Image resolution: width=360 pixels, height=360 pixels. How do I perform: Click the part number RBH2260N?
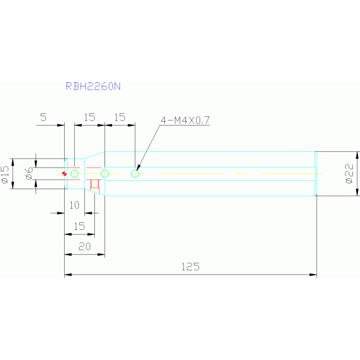tap(93, 86)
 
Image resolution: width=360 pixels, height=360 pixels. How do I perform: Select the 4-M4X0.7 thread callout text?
tap(185, 120)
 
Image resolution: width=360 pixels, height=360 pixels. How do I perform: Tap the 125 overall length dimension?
tap(191, 267)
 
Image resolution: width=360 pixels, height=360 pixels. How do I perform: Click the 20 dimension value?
tap(84, 246)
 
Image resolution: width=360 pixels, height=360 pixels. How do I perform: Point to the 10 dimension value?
tap(74, 205)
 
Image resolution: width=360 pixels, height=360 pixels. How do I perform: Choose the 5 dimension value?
tap(43, 117)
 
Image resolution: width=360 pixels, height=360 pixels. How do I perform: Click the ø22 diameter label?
tap(349, 173)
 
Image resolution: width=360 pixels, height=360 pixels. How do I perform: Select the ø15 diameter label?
tap(5, 175)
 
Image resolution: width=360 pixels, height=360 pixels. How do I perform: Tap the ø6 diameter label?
tap(29, 174)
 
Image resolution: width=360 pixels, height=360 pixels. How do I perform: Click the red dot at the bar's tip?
tap(64, 174)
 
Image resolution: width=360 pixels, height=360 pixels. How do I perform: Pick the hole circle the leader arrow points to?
tap(135, 174)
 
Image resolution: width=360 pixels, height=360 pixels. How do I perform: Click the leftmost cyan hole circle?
tap(74, 174)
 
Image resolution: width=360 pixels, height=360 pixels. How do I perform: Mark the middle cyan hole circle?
tap(105, 174)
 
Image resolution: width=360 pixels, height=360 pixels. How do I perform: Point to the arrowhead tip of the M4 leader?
tap(137, 170)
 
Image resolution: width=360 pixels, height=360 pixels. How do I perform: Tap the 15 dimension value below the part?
tap(79, 227)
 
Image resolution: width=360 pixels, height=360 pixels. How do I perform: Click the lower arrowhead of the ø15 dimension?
tap(13, 185)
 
